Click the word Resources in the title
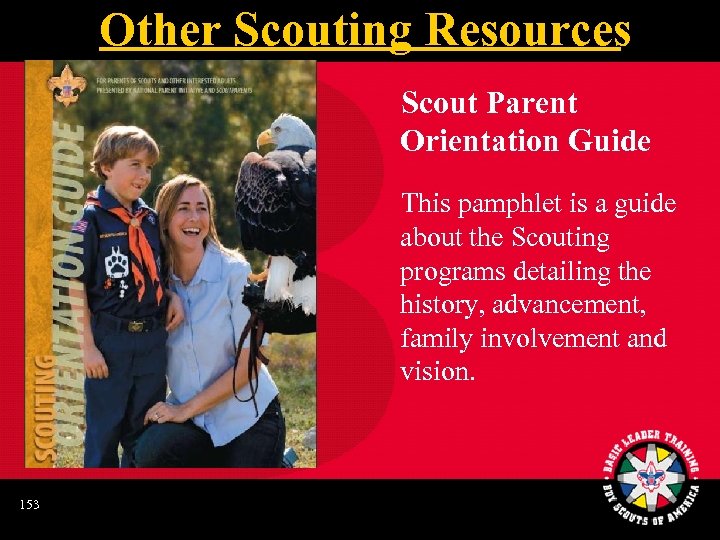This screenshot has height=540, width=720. pos(527,30)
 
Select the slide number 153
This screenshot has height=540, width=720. pos(29,505)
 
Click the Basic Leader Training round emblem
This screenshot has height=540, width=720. pos(651,470)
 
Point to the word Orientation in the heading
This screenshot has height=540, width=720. pos(476,142)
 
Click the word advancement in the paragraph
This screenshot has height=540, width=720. pos(566,306)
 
